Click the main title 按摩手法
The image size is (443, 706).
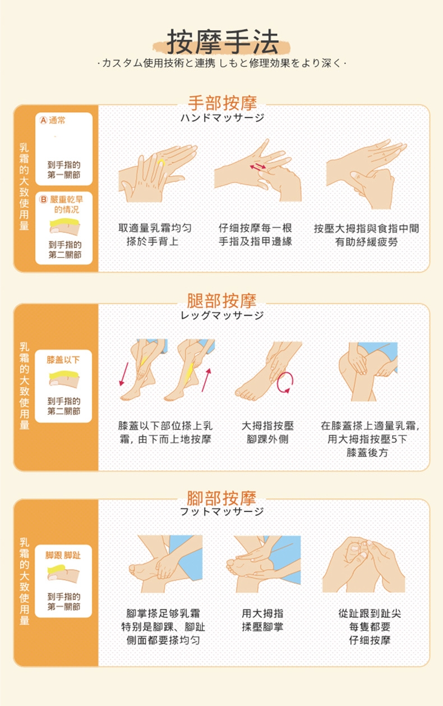pos(222,42)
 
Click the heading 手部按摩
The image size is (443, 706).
pos(222,103)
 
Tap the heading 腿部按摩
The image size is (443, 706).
pos(222,300)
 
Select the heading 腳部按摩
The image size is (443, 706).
pos(222,497)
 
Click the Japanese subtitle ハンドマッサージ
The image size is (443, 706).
pos(222,118)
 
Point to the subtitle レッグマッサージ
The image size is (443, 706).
pos(222,315)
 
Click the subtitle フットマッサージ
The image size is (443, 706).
pos(222,511)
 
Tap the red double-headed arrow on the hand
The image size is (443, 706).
pos(258,167)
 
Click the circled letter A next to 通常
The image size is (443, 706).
pos(43,121)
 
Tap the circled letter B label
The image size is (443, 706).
pos(43,199)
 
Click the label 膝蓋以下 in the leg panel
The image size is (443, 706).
pos(63,359)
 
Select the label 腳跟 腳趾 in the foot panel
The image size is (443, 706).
pos(63,555)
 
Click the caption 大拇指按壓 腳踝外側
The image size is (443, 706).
pos(267,433)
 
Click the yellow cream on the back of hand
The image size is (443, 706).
pos(161,163)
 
